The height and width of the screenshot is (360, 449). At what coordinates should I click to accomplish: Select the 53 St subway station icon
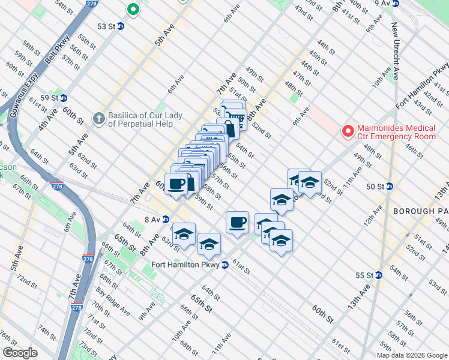point(121,26)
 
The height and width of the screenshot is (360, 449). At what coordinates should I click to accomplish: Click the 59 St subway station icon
point(63,98)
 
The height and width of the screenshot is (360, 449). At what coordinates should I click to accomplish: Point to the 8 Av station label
point(151,219)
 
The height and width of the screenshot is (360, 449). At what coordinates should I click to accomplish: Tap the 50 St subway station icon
point(389,187)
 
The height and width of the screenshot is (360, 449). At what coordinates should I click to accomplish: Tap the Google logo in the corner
point(20,353)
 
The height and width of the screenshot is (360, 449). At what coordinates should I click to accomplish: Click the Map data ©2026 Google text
point(412,355)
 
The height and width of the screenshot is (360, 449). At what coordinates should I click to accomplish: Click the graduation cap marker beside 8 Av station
point(184,233)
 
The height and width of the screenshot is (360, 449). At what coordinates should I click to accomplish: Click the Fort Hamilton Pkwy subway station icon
point(224,265)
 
